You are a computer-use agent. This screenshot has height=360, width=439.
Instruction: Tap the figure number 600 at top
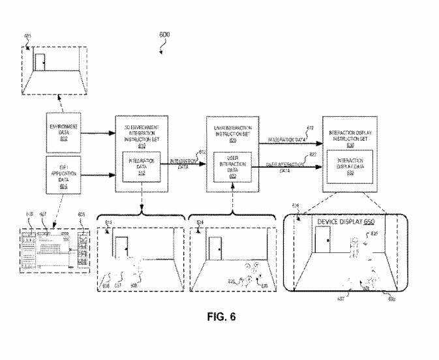tap(166, 34)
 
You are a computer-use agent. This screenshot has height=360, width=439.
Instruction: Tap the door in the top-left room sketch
tap(40, 62)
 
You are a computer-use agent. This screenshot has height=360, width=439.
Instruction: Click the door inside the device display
tap(322, 243)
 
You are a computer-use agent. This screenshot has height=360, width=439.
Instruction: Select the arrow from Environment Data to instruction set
tap(97, 133)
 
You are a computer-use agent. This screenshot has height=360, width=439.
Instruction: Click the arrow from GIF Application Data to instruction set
tap(97, 174)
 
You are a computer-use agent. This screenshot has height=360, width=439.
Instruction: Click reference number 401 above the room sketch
tap(28, 37)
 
